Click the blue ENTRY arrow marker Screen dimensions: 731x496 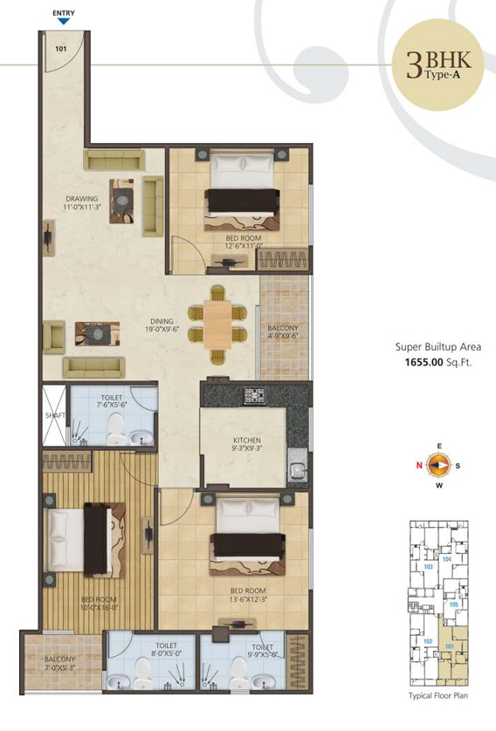click(63, 22)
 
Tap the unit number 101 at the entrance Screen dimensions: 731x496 click(60, 49)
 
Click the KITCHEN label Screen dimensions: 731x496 click(247, 445)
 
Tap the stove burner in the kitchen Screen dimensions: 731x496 click(253, 394)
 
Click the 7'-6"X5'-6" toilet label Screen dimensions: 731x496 click(114, 401)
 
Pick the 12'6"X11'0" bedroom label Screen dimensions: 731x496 click(244, 242)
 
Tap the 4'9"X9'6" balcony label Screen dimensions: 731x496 click(284, 331)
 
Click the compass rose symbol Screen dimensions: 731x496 click(440, 465)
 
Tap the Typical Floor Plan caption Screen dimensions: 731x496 click(439, 697)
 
